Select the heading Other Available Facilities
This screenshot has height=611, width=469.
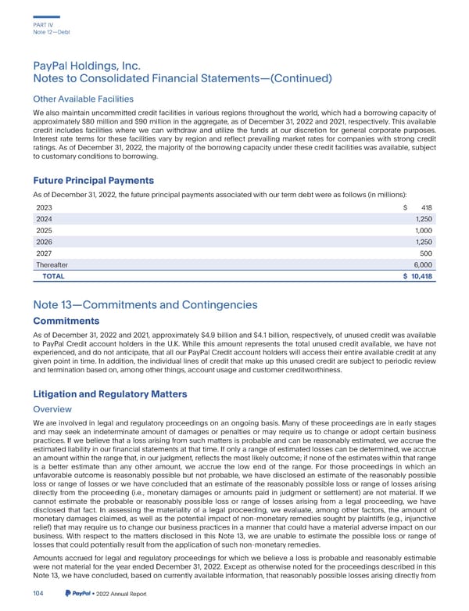(84, 99)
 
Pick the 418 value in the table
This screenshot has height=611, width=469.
(425, 207)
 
